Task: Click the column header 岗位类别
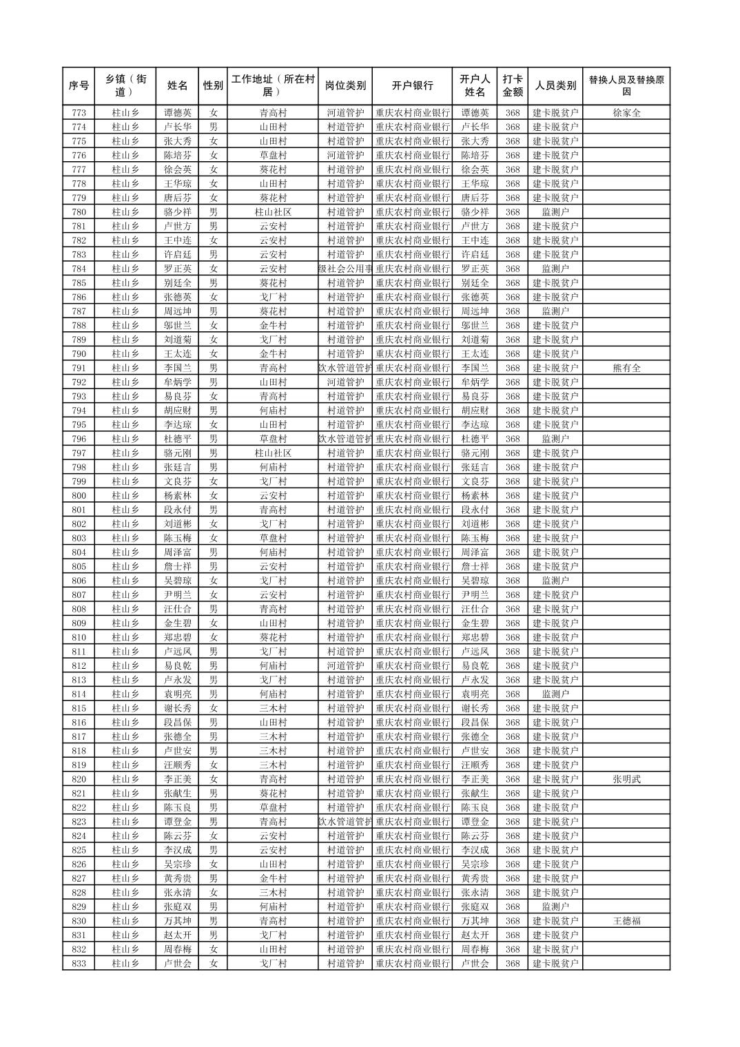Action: pos(345,86)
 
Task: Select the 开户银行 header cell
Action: pos(412,86)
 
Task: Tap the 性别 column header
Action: pos(213,86)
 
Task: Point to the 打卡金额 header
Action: pos(512,86)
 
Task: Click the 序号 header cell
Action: pos(79,86)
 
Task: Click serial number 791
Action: pos(79,368)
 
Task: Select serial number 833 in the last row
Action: pos(79,964)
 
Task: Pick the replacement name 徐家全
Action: pos(626,113)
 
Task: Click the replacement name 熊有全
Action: pos(626,368)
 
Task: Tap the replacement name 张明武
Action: pos(626,779)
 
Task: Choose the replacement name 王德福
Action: pos(626,921)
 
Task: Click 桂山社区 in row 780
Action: pos(273,212)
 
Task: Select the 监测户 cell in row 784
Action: pos(555,269)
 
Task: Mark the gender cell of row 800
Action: pos(213,496)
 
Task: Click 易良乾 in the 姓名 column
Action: pos(177,666)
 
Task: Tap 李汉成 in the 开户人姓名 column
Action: pos(475,850)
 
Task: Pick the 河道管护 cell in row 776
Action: pos(345,156)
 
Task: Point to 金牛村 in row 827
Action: pos(273,878)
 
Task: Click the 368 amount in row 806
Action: pos(512,581)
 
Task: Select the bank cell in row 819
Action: pos(412,765)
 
